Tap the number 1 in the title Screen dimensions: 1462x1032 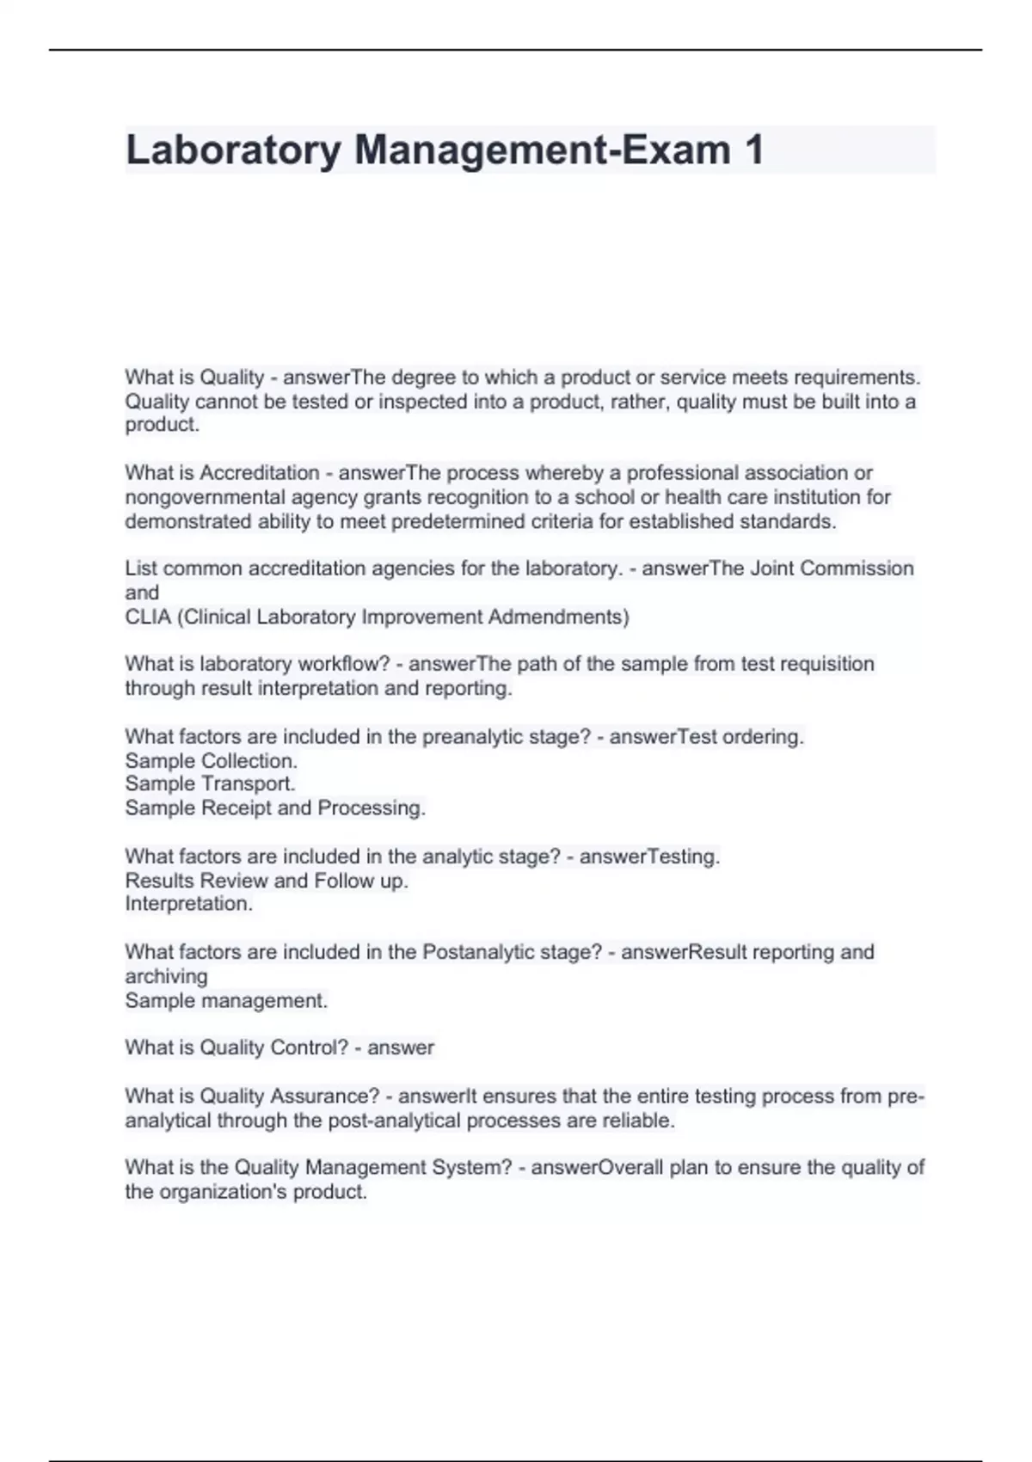coord(753,150)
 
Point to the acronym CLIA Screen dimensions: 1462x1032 coord(148,617)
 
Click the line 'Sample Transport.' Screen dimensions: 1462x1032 coord(210,783)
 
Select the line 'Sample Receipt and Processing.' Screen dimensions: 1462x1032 coord(275,808)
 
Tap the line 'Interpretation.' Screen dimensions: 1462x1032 coord(188,904)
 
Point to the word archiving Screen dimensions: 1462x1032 coord(166,976)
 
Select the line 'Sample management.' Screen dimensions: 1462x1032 coord(226,1000)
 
